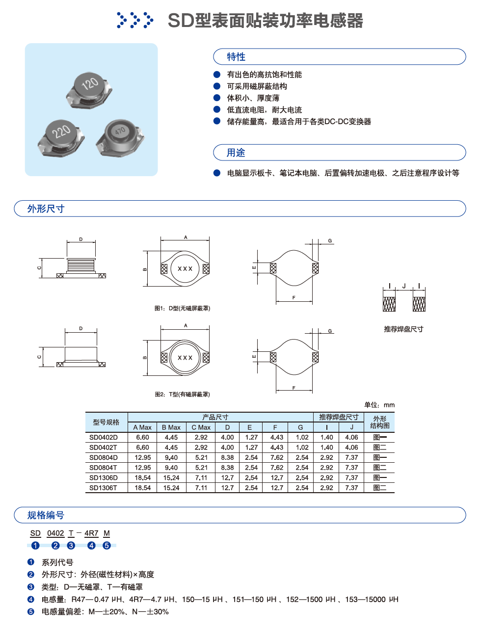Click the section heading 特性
click(x=236, y=57)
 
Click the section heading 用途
click(x=236, y=153)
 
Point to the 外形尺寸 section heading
click(x=46, y=209)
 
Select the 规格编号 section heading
click(x=46, y=515)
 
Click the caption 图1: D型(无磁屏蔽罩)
click(x=182, y=308)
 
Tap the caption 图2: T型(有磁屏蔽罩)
click(x=182, y=394)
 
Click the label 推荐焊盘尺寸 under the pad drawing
click(x=403, y=329)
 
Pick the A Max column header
click(x=142, y=427)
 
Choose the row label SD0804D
click(x=104, y=457)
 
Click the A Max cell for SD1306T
click(x=143, y=488)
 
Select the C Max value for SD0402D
click(x=201, y=437)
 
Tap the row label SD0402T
click(x=103, y=448)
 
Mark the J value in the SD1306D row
click(x=351, y=477)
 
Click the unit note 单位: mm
click(x=379, y=405)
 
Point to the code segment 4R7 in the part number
click(x=91, y=533)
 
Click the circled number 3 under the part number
click(x=71, y=546)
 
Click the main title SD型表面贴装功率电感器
click(x=265, y=21)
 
